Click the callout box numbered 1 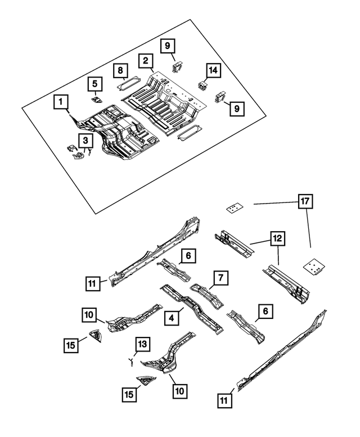(x=61, y=102)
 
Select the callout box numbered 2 (x=145, y=61)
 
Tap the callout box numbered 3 (x=85, y=140)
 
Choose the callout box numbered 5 (x=95, y=84)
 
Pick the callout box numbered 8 (x=120, y=71)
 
